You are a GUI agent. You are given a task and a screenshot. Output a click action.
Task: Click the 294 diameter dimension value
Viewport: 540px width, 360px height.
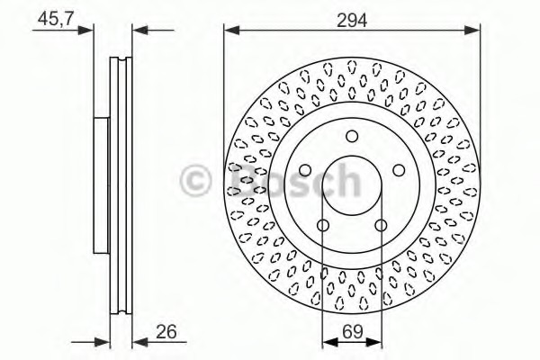click(x=352, y=18)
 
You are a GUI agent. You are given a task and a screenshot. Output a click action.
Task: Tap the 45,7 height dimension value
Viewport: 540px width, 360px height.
click(x=56, y=17)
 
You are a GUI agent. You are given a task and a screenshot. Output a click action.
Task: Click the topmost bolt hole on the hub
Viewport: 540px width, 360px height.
click(x=352, y=137)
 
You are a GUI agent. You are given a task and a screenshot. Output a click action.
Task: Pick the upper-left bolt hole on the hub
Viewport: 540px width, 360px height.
click(x=305, y=170)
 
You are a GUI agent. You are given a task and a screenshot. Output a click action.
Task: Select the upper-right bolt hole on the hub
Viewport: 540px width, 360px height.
click(x=399, y=170)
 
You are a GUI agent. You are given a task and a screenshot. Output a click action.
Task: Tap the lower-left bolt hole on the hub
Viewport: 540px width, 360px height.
click(x=323, y=225)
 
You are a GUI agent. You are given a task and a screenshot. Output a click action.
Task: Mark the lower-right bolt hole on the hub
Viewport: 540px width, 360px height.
click(x=381, y=225)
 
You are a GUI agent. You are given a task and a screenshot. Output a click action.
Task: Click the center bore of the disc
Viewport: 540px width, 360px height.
click(x=352, y=185)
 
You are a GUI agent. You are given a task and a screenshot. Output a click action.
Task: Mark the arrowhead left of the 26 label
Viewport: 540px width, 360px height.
click(x=138, y=341)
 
